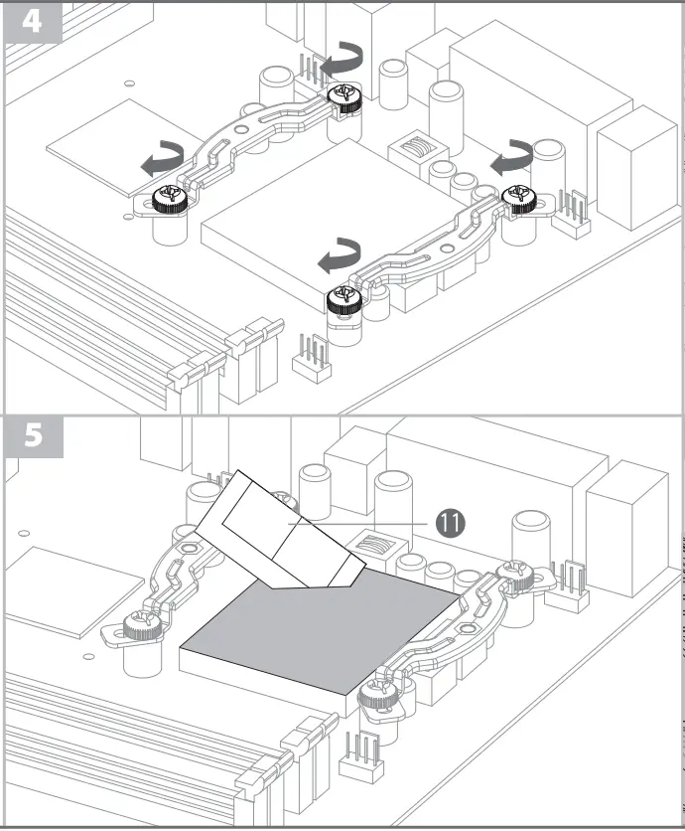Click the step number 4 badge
point(32,21)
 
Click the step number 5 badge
point(32,436)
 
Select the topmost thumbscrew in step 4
point(344,96)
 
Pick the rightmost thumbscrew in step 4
point(520,199)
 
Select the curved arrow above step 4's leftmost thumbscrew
point(162,157)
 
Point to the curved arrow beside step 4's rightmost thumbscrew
point(514,156)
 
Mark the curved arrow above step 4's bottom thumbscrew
point(339,254)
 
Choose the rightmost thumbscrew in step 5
point(517,574)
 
